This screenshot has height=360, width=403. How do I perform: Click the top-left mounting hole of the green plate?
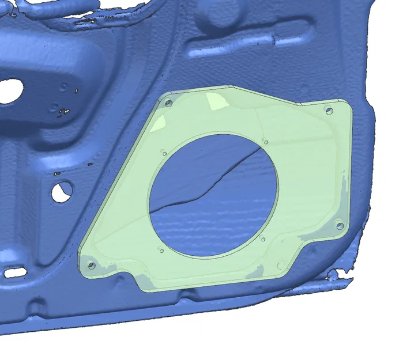168,104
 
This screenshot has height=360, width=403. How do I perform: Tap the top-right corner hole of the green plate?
330,111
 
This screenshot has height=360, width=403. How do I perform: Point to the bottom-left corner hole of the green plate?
91,266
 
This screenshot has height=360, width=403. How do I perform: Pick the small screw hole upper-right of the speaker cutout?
265,141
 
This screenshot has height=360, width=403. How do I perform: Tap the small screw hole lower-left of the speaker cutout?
161,251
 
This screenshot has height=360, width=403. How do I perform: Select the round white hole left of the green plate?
62,191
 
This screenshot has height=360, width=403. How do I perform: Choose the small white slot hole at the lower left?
17,271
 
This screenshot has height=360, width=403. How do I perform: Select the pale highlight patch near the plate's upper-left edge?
160,123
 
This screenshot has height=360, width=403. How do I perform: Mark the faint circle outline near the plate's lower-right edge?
281,266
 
